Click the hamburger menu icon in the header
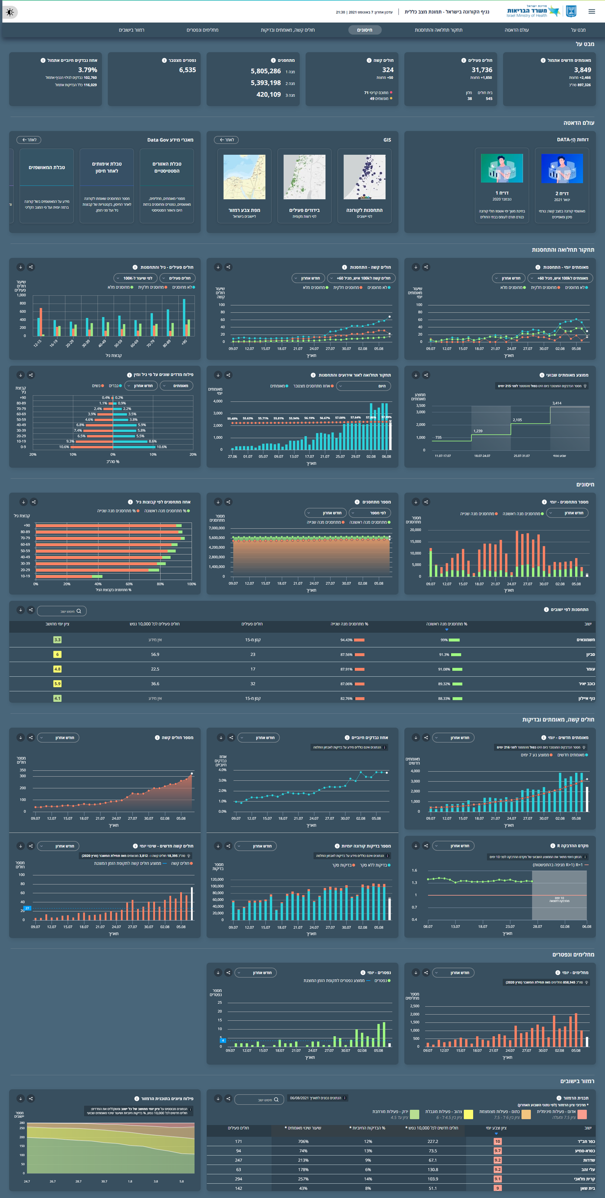592,12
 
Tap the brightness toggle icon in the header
10,12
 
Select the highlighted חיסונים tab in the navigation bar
365,30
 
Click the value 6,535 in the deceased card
188,70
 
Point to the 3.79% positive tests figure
87,70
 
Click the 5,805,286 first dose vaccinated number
265,71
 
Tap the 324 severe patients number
387,70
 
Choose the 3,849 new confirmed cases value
582,70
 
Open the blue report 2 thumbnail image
562,169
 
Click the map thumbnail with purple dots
365,177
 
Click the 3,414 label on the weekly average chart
557,403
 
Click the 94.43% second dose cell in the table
347,640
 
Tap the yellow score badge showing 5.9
57,684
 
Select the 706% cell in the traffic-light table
303,1141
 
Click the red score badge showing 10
497,1141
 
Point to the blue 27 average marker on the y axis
27,908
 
